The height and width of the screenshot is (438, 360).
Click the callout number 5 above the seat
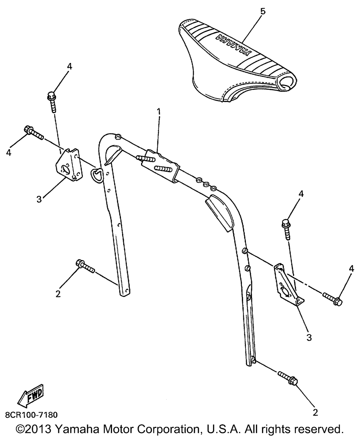[x=263, y=12]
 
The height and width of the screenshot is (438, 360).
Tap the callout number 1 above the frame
[x=159, y=112]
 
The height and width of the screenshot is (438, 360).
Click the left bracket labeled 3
[x=69, y=165]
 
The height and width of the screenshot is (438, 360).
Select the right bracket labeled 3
[x=289, y=285]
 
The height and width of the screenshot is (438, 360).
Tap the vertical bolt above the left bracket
[x=52, y=102]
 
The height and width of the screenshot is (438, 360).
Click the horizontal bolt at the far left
[x=34, y=133]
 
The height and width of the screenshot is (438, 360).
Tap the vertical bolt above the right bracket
[x=286, y=229]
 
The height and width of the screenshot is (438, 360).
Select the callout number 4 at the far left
[x=9, y=152]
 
